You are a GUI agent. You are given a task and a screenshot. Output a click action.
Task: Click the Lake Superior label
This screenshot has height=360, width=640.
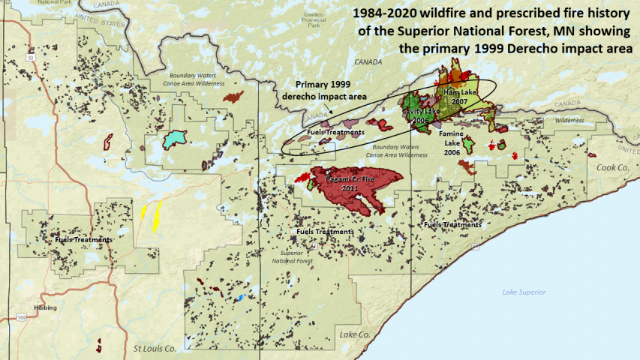coord(524,292)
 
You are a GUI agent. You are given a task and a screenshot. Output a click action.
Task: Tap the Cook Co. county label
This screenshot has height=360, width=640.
coord(611,168)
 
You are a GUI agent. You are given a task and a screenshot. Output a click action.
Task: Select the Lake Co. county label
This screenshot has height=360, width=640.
coord(353,333)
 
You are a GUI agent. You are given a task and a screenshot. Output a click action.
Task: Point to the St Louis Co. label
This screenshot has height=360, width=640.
coord(155,348)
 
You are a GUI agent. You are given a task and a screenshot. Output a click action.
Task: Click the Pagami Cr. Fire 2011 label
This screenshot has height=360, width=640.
coord(349,184)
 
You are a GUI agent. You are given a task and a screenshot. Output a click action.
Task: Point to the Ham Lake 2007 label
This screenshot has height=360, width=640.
coord(455,96)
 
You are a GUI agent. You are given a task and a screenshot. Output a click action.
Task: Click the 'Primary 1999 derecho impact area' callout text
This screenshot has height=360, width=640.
coord(330,90)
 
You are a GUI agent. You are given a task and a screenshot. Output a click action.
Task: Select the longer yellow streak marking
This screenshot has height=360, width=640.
coord(158,215)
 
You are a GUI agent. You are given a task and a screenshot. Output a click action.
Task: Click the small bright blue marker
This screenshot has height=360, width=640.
coord(240,298)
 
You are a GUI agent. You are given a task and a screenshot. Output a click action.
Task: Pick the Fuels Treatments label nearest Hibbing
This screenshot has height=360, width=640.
coord(84,239)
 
